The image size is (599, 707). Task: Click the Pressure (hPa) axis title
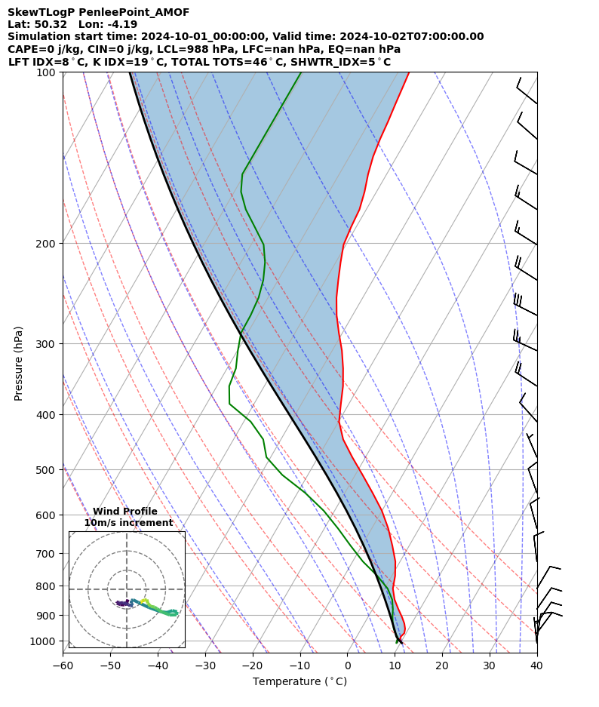18,363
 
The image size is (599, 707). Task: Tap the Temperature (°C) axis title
299,682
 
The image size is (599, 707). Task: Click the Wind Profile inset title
125,512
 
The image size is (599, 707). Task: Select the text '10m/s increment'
128,523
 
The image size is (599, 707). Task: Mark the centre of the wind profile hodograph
127,589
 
